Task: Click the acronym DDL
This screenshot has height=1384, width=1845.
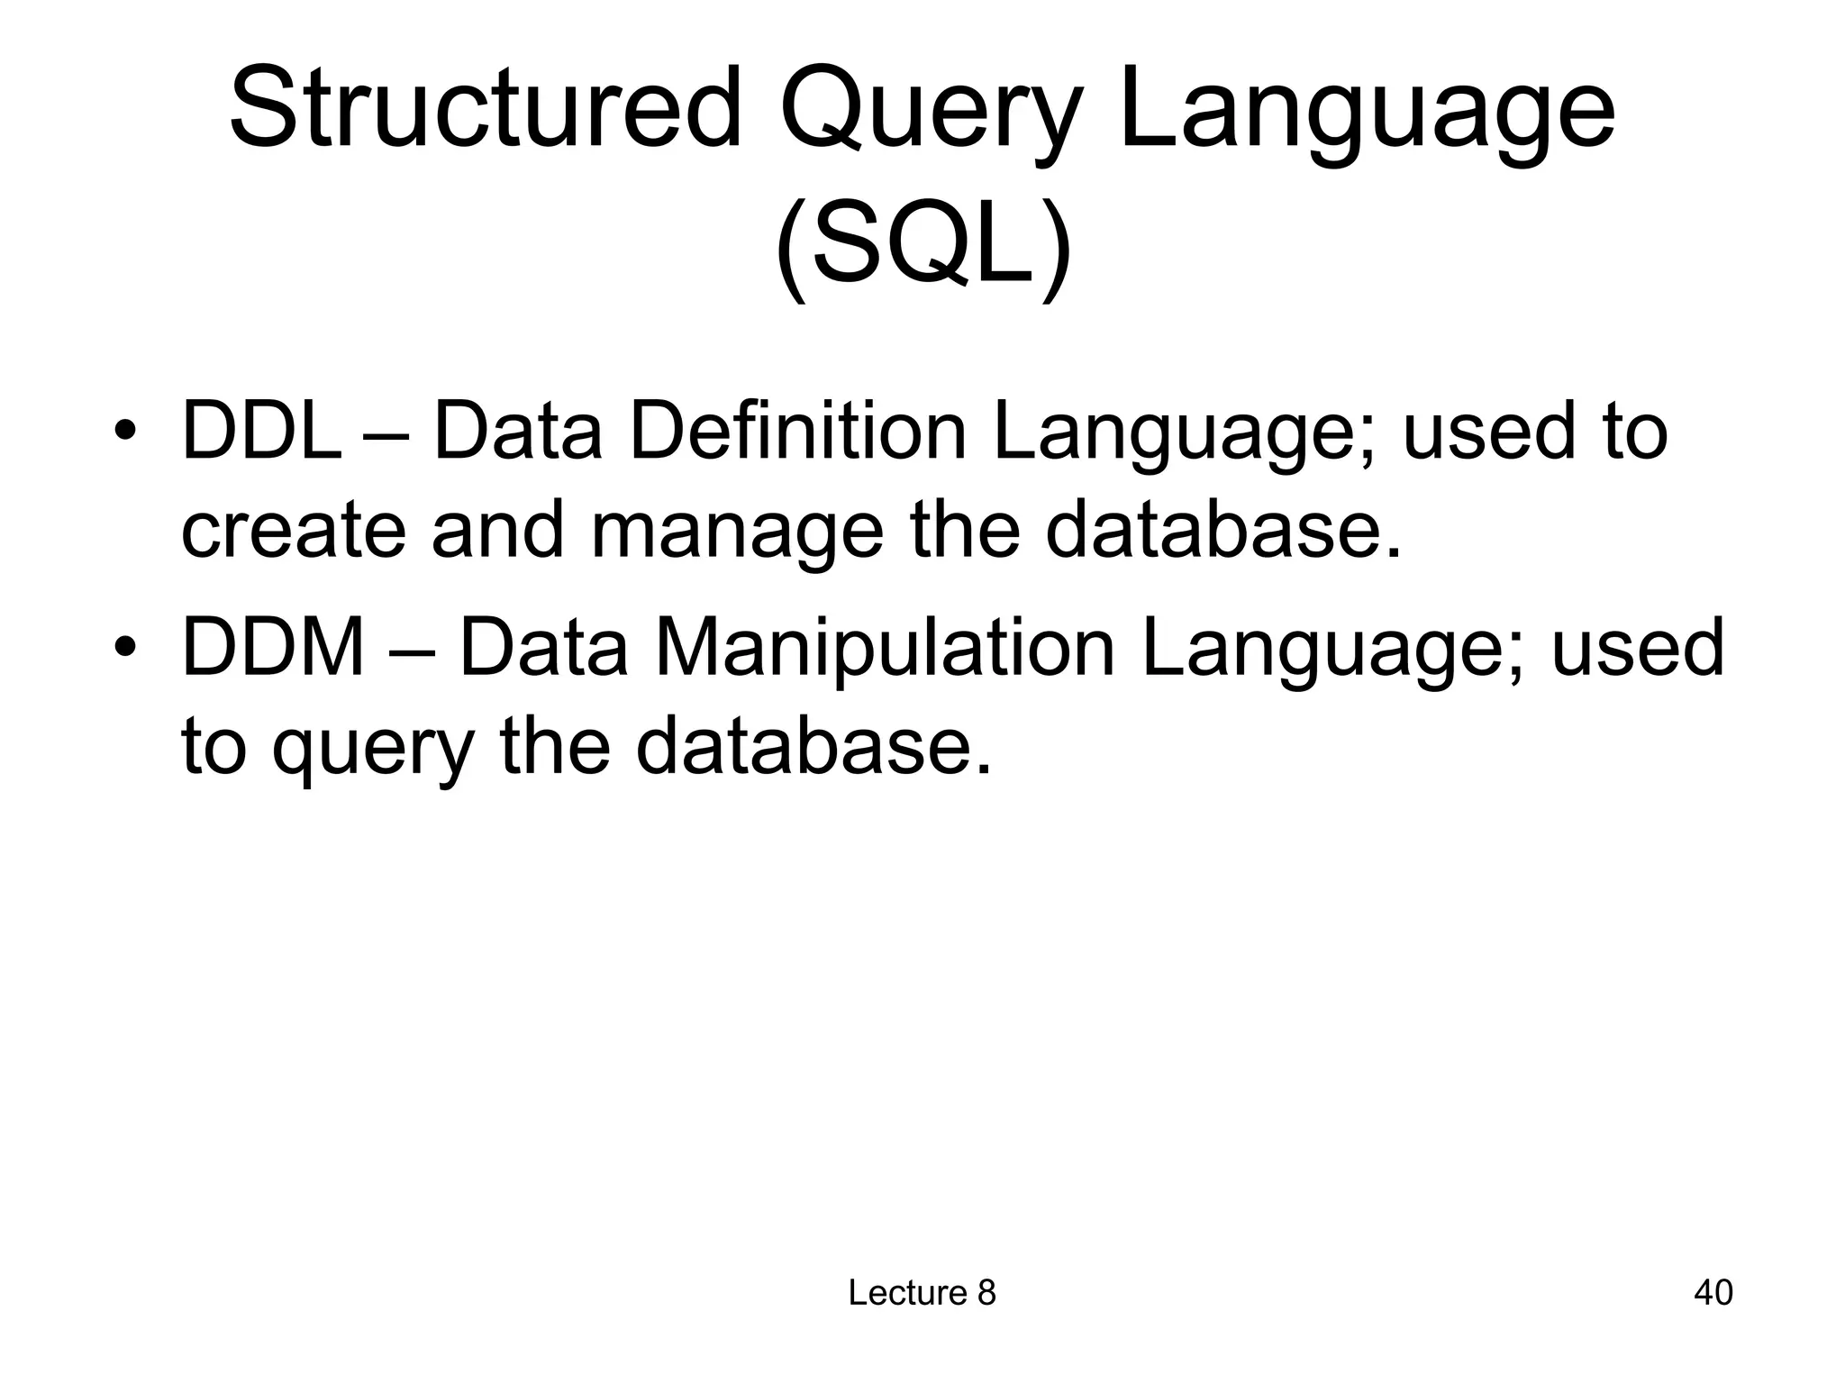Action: tap(260, 432)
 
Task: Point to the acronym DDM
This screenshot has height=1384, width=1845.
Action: tap(273, 647)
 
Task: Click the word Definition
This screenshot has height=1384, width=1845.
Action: tap(796, 432)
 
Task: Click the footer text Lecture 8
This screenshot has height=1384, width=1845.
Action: tap(922, 1292)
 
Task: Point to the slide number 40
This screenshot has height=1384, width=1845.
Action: tap(1713, 1292)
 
